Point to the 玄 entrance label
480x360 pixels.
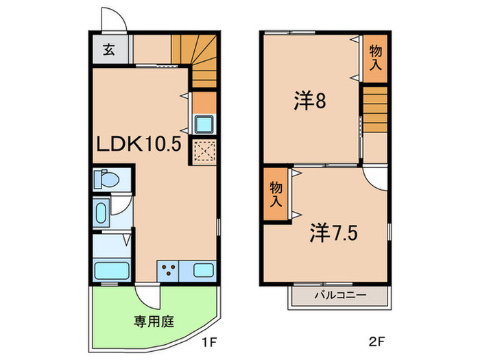pos(109,50)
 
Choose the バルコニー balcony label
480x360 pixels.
pos(340,296)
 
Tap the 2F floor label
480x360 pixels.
pos(378,339)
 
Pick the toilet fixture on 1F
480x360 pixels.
pos(106,180)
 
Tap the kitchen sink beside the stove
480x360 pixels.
pos(204,269)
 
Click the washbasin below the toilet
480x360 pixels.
pos(100,213)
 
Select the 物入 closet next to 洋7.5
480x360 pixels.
pos(276,194)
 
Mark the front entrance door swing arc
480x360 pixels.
pos(112,19)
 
